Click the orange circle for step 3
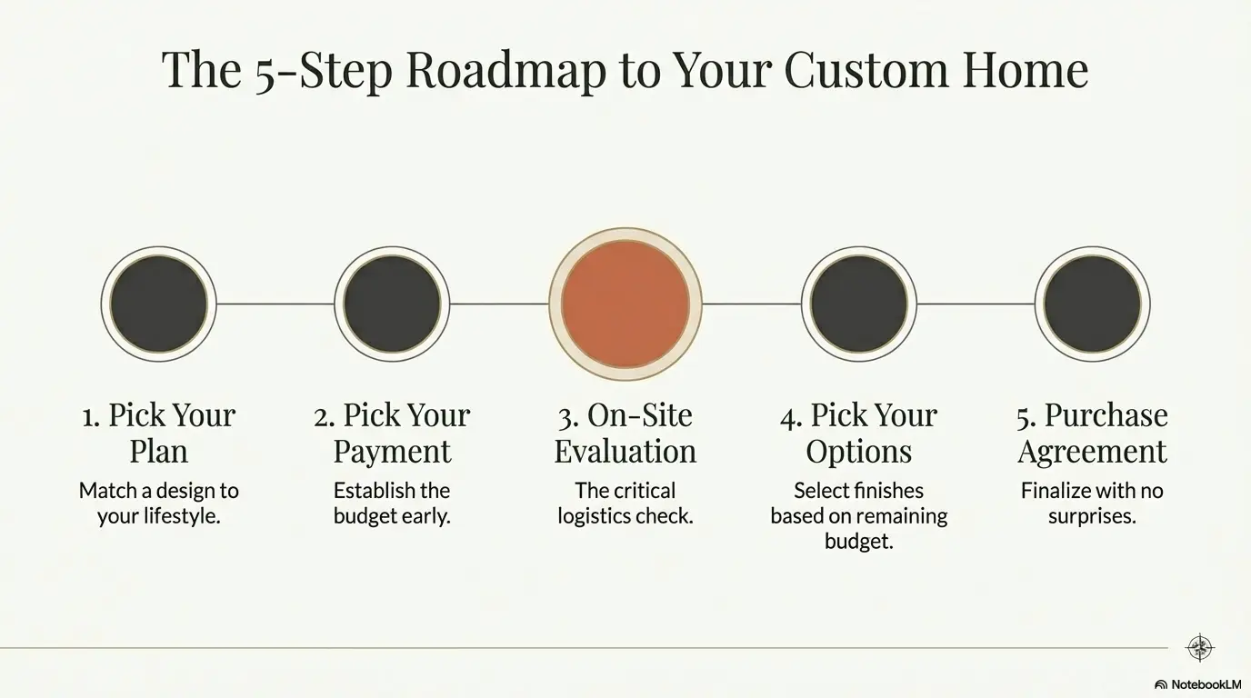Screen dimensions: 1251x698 pyautogui.click(x=625, y=304)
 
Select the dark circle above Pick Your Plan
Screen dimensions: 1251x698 pyautogui.click(x=158, y=304)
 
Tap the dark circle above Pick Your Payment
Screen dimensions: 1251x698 pyautogui.click(x=392, y=304)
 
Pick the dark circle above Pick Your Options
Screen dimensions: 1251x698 pyautogui.click(x=859, y=304)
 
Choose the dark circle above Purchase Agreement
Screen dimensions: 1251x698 pyautogui.click(x=1093, y=304)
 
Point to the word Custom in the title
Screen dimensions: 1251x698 pyautogui.click(x=866, y=70)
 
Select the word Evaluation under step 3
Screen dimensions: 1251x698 pyautogui.click(x=625, y=451)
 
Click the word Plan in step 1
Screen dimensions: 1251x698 pyautogui.click(x=158, y=451)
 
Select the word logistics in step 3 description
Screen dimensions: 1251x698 pyautogui.click(x=593, y=516)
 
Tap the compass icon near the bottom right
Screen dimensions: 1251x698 pyautogui.click(x=1199, y=648)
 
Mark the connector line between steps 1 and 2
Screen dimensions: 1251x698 pyautogui.click(x=275, y=304)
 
